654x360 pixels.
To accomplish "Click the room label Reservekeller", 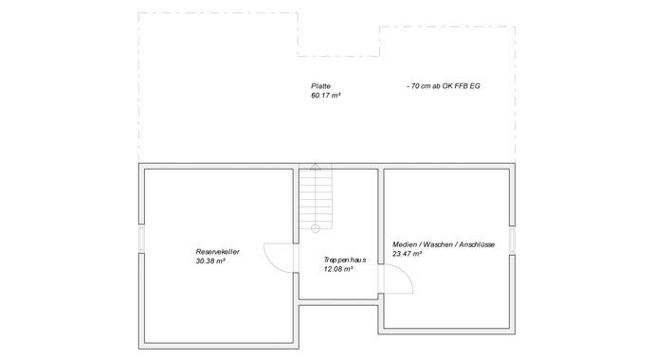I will click(x=217, y=252).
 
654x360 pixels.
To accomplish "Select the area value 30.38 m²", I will click(x=209, y=261).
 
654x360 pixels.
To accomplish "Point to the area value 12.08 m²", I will click(x=338, y=270).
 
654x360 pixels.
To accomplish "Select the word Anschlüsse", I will click(x=476, y=244).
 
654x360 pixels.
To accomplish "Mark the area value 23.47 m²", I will click(x=407, y=254).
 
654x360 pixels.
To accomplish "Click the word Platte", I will click(x=320, y=86).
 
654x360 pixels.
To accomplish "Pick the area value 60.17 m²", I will click(x=324, y=96).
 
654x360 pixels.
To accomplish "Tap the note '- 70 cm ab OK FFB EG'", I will click(x=445, y=86).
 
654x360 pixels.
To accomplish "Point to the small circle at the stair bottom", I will click(x=316, y=227).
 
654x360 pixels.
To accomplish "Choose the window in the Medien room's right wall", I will click(x=512, y=241).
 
